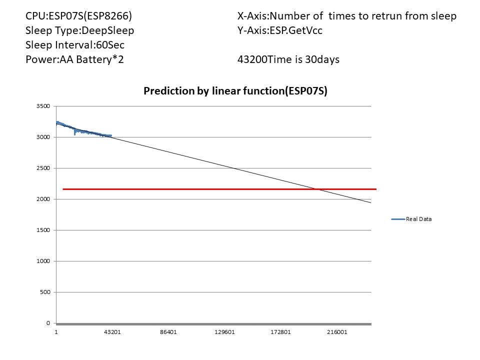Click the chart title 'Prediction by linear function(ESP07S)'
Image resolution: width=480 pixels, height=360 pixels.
(x=235, y=91)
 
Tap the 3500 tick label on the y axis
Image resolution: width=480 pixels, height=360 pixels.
(x=43, y=106)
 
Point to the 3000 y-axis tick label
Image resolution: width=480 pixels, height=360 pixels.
(x=43, y=137)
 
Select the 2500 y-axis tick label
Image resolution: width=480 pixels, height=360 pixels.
(x=43, y=168)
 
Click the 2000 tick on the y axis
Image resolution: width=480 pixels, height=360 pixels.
(x=43, y=199)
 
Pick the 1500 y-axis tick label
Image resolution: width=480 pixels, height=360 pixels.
(x=43, y=230)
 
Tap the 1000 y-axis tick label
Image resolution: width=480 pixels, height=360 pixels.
(x=43, y=261)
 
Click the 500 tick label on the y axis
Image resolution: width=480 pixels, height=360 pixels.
(x=45, y=292)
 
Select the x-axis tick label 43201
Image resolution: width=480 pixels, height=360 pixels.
(x=112, y=332)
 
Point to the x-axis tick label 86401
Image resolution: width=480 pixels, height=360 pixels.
(x=168, y=332)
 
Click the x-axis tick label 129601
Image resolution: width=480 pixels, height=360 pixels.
(x=224, y=332)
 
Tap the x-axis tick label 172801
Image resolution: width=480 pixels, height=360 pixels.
(x=280, y=332)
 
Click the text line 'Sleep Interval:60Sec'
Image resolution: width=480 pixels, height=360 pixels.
(x=75, y=45)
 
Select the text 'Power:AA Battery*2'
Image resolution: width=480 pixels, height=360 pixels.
(x=75, y=59)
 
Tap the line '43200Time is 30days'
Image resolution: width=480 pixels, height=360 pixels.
(x=288, y=59)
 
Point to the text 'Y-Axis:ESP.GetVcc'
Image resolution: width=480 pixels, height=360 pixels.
(x=280, y=30)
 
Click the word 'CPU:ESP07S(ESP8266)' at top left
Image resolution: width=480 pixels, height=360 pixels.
(x=79, y=16)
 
